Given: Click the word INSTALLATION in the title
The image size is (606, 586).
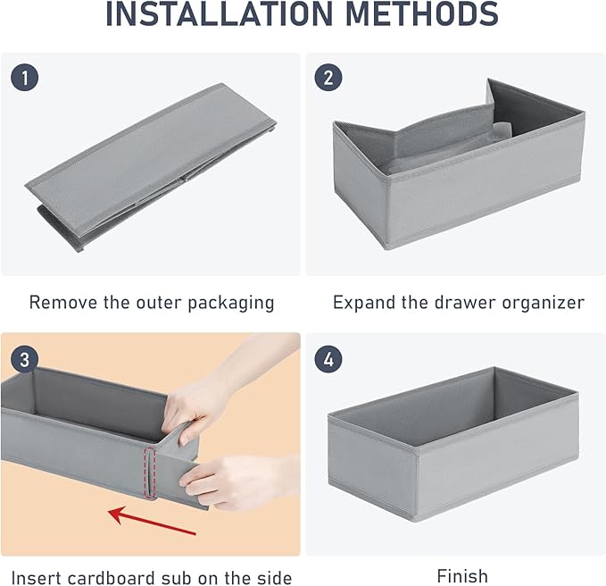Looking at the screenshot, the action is (220, 14).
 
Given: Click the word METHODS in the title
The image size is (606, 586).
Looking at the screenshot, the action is (421, 14).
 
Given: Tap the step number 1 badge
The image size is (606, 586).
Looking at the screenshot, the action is (24, 78).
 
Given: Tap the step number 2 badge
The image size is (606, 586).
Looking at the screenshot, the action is (328, 78).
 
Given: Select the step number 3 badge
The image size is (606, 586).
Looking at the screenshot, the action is (24, 359).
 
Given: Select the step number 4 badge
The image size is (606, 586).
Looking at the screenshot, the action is (328, 359).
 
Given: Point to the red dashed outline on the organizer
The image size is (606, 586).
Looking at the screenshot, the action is (150, 472).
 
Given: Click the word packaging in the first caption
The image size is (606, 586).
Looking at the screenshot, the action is (231, 303).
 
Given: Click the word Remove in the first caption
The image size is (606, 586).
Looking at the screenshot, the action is (63, 302).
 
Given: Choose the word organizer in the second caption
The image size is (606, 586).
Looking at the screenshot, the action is (543, 303).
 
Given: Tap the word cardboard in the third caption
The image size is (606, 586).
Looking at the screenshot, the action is (111, 578).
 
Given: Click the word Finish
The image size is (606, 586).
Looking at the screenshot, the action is (462, 576).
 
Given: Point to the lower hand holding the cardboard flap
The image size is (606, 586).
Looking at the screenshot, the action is (239, 481).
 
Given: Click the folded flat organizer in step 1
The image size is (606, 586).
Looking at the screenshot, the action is (151, 166).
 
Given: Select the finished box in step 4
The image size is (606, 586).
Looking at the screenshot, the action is (453, 445).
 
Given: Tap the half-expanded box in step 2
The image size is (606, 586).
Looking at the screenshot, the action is (459, 164).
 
